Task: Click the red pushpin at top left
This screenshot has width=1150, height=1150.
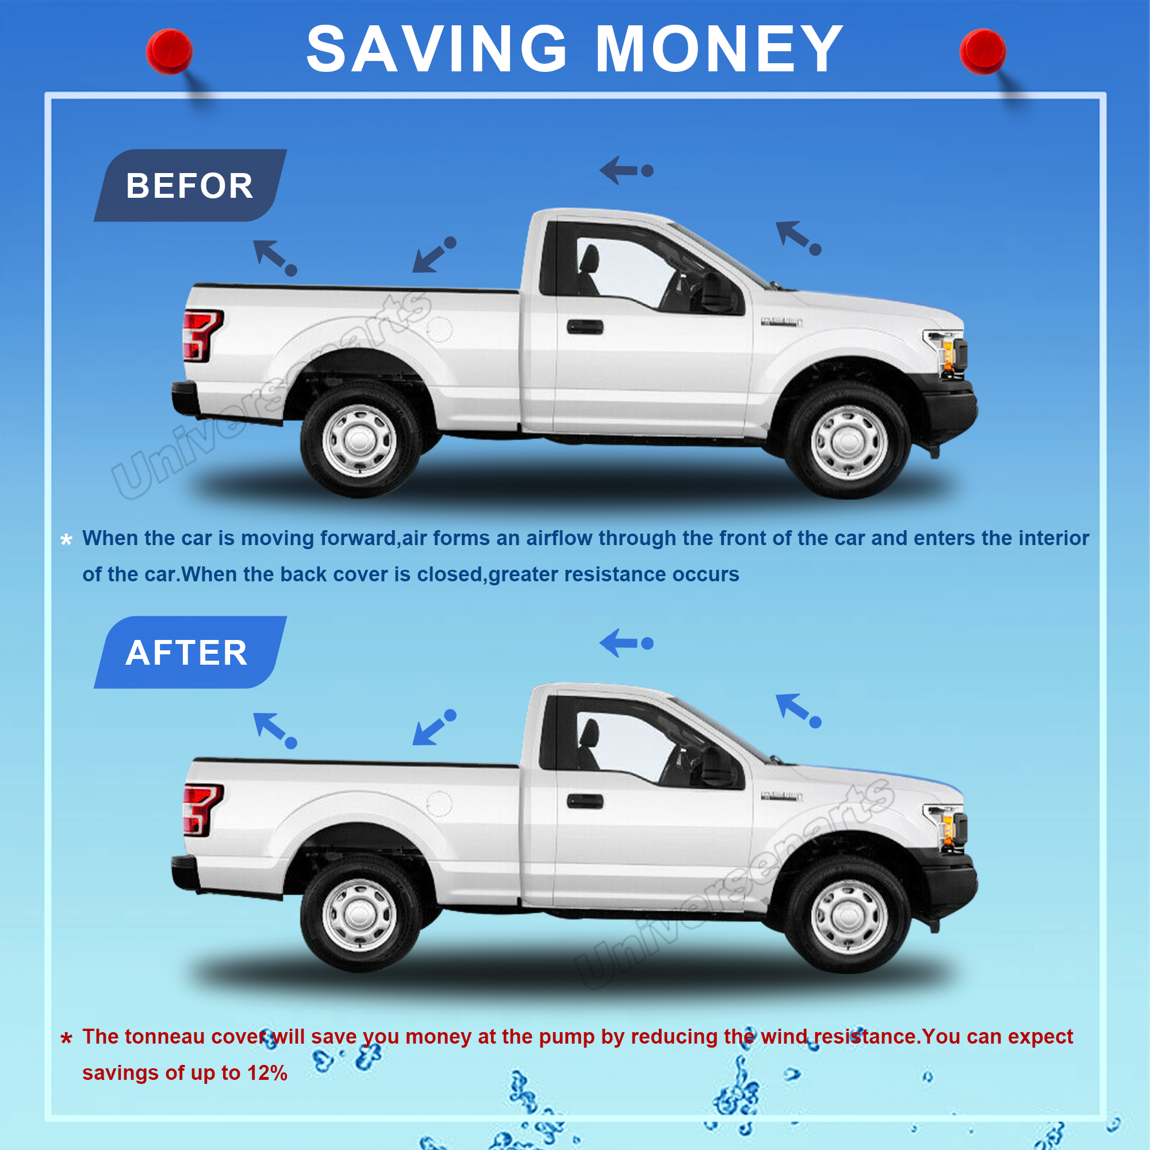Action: pos(169,52)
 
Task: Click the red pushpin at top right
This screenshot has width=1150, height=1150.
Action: pos(983,52)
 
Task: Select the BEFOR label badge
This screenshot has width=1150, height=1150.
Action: pos(190,185)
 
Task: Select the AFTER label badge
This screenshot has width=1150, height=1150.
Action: pos(190,653)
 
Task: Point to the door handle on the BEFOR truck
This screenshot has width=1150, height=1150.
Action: pos(585,327)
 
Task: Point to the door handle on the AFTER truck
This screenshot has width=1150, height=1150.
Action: pos(585,801)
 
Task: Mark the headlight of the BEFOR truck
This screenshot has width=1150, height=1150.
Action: pos(948,352)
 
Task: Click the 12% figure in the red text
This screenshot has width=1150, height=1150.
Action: pos(267,1072)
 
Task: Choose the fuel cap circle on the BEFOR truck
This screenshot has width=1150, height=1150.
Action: pos(439,329)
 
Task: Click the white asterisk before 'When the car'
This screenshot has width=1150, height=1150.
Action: pos(66,539)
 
